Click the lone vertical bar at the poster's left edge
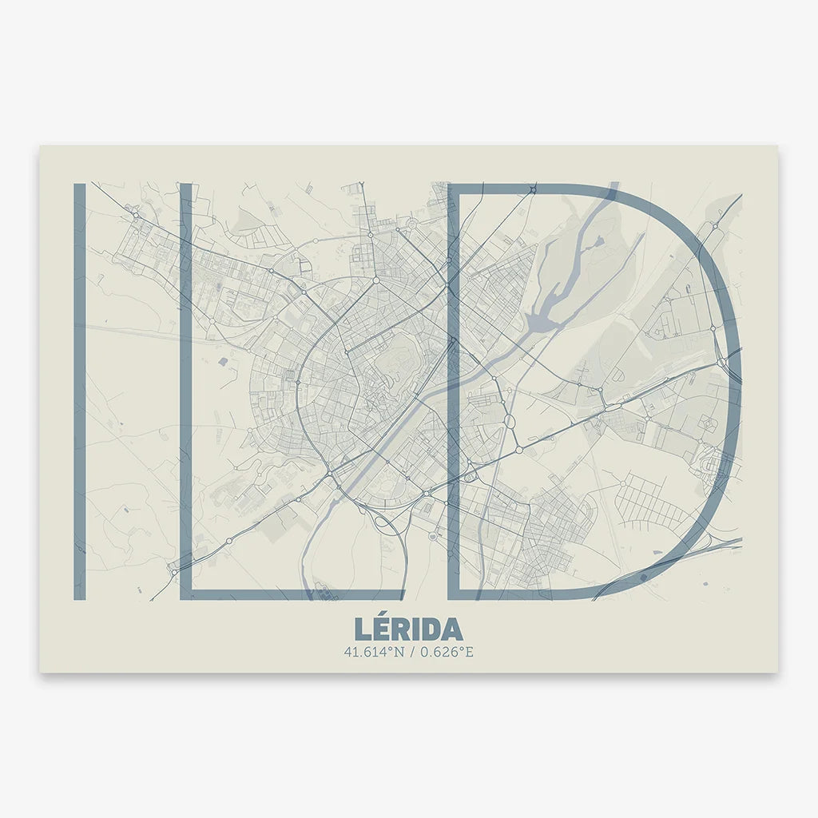click(79, 391)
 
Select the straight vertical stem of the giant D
click(453, 391)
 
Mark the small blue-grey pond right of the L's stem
click(221, 363)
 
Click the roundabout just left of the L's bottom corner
click(173, 572)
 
